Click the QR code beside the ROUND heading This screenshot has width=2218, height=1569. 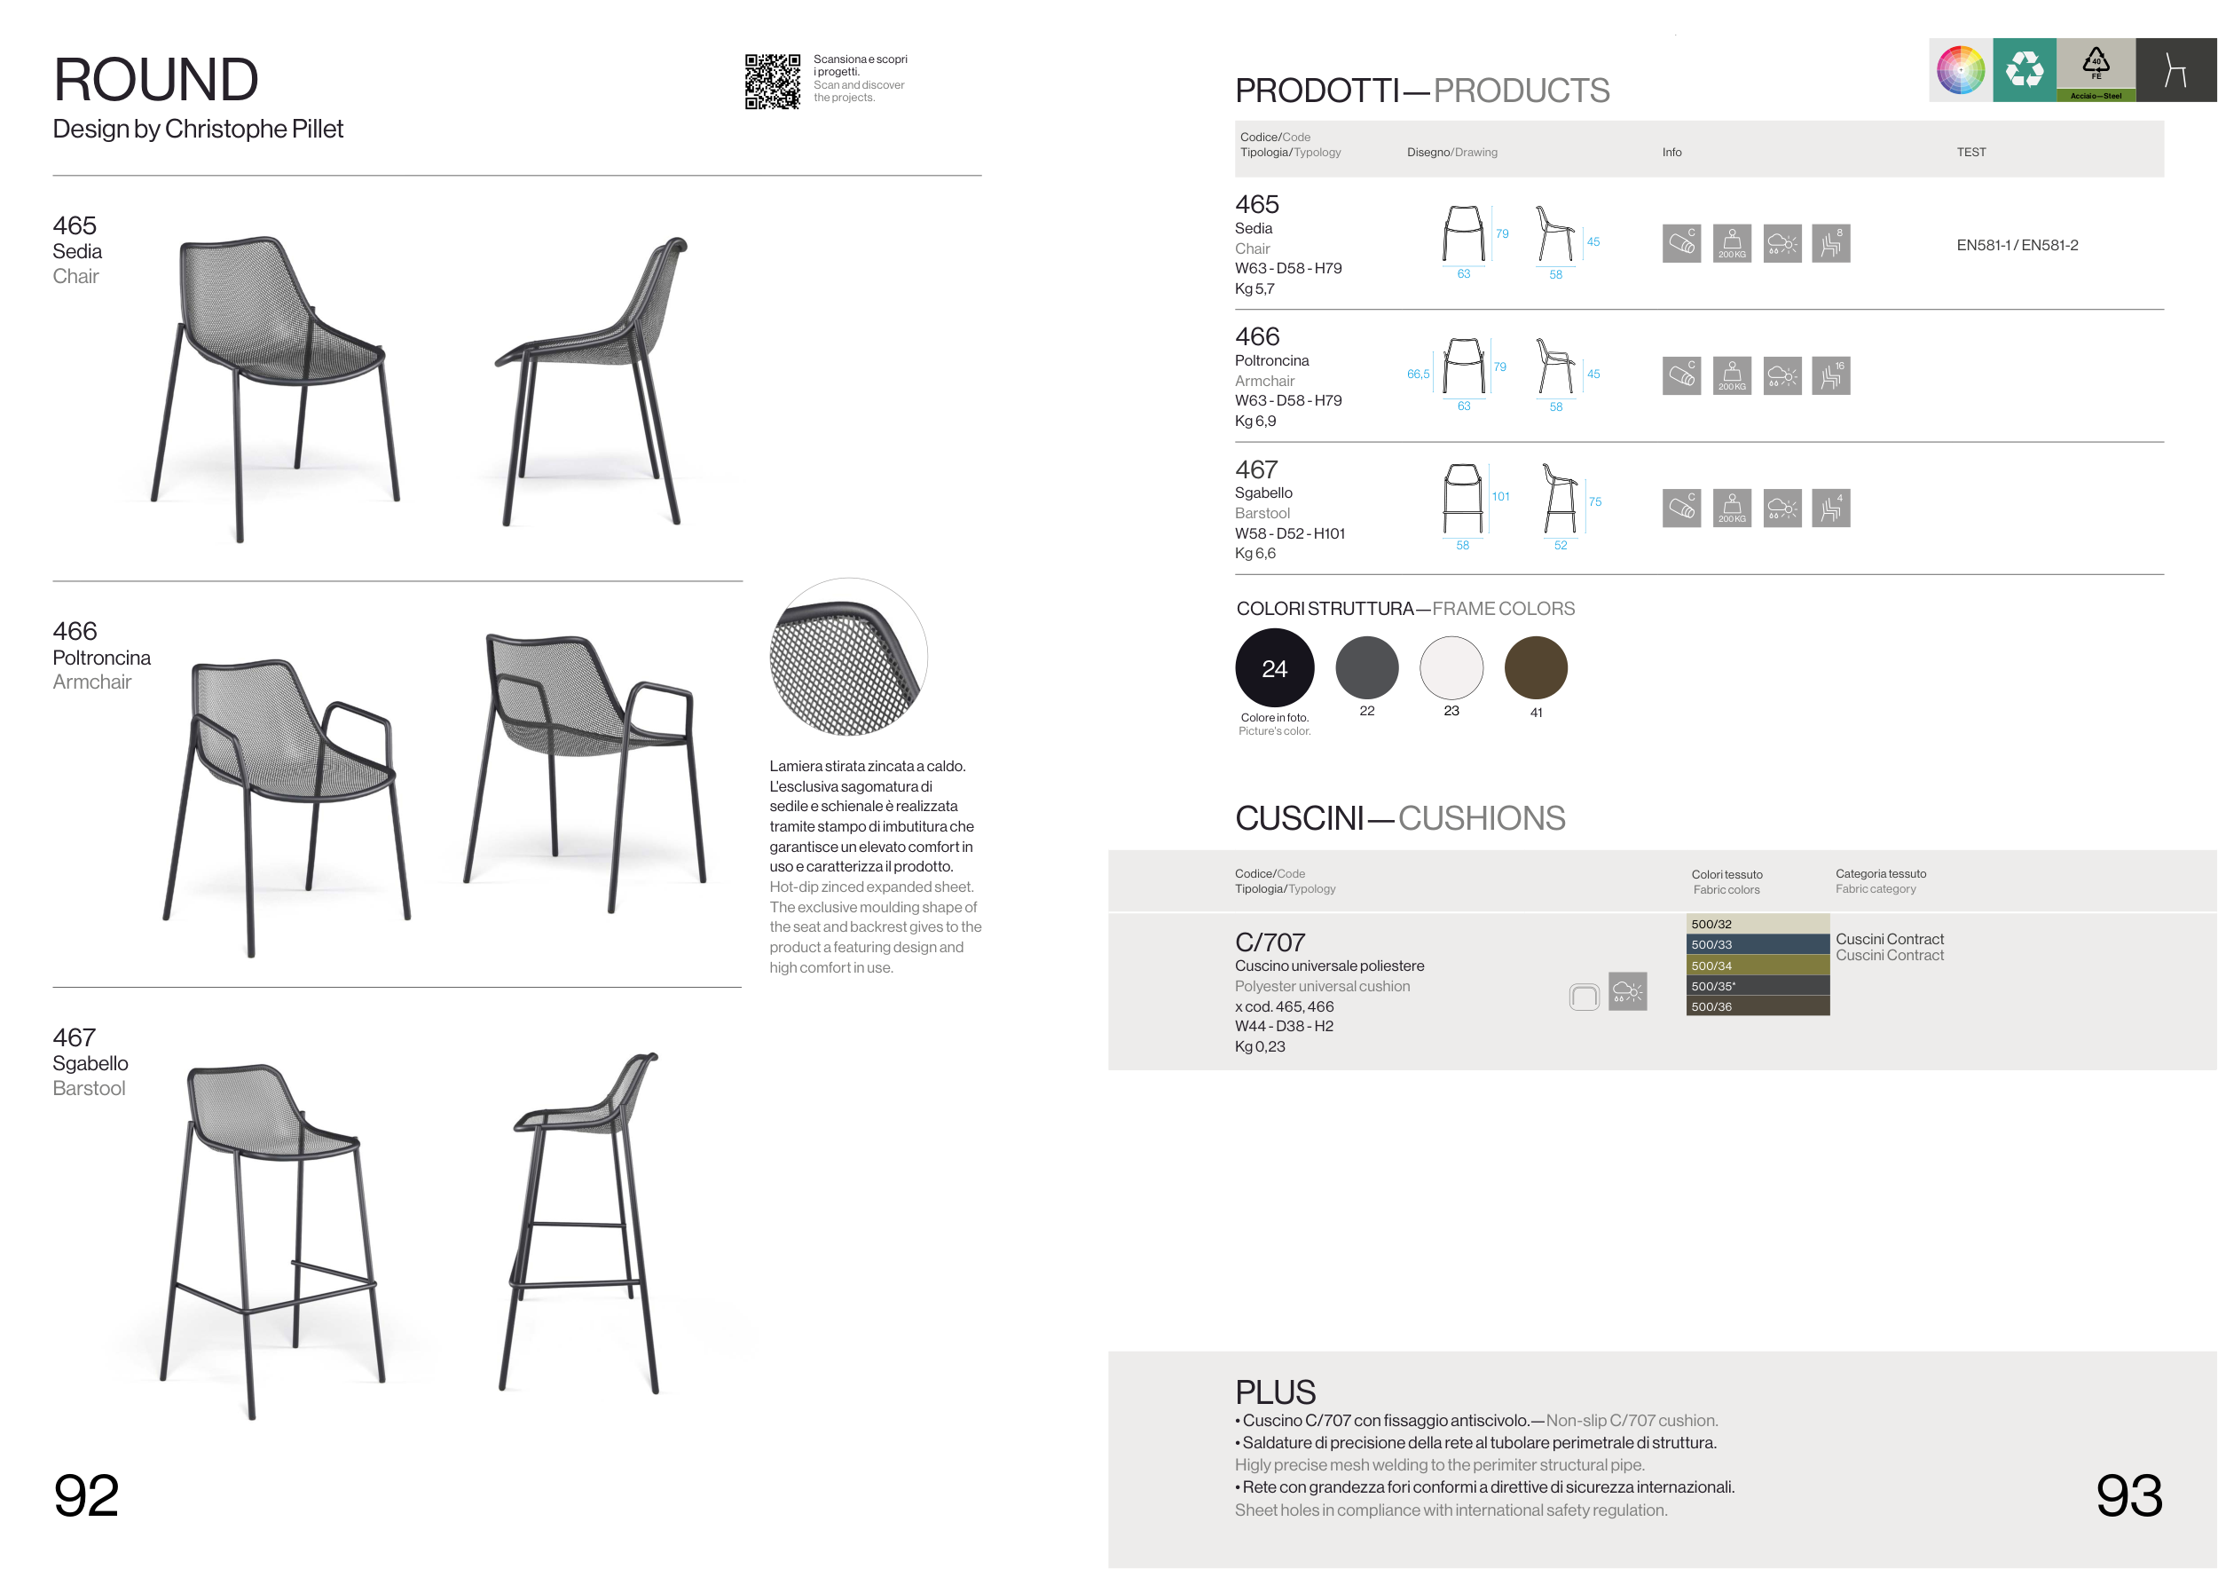[x=772, y=81]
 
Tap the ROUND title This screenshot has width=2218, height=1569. [x=155, y=79]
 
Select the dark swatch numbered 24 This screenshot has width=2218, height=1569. [x=1274, y=667]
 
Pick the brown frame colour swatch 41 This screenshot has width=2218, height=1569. [x=1536, y=667]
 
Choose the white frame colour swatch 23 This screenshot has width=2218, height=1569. [x=1451, y=667]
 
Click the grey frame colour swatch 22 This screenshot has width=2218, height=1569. [x=1367, y=667]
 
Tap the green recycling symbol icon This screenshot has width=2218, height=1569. [x=2024, y=69]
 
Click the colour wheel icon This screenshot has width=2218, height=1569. [x=1961, y=69]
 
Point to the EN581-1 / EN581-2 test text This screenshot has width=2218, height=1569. [x=2017, y=246]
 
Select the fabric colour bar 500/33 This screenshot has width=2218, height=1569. [x=1758, y=945]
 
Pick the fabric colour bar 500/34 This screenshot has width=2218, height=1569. [x=1758, y=966]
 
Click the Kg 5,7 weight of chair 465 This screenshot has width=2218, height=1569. [x=1254, y=289]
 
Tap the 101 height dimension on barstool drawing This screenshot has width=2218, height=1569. [x=1500, y=497]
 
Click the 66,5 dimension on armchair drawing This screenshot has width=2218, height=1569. [x=1418, y=374]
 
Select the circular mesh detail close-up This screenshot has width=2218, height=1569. [x=848, y=657]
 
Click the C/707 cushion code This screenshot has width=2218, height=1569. [x=1270, y=942]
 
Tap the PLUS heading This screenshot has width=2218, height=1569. [x=1275, y=1392]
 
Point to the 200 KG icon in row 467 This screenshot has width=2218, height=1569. [x=1732, y=509]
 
